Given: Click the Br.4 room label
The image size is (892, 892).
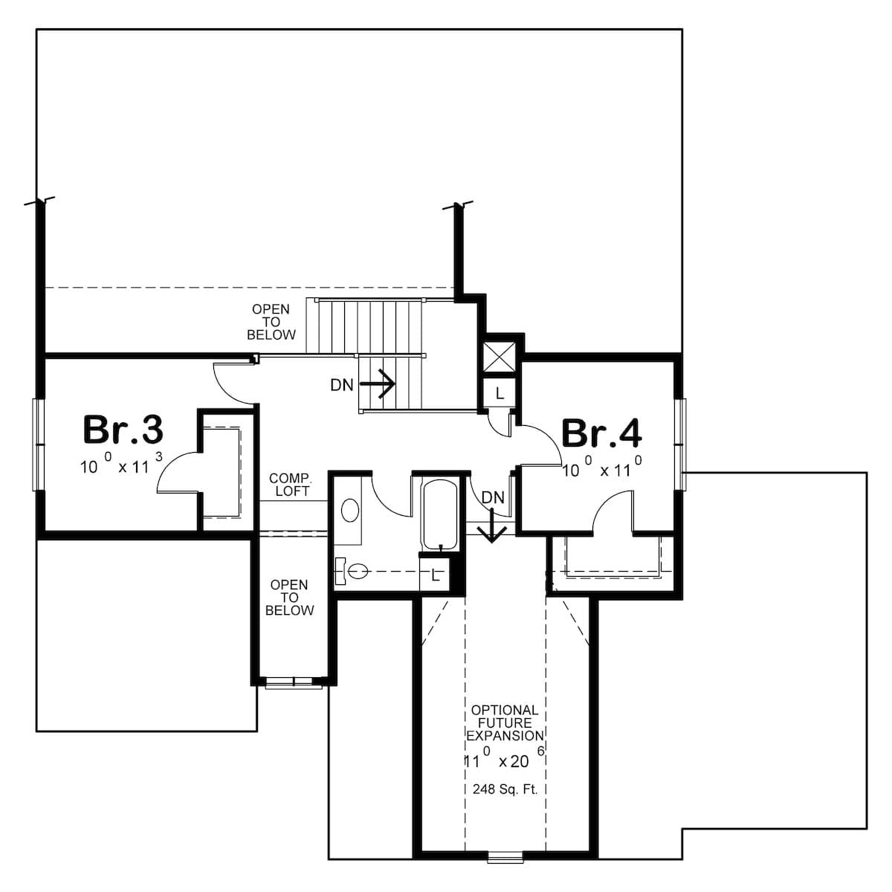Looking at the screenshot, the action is [x=601, y=433].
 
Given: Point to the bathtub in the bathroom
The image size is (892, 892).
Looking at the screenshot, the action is [x=440, y=514].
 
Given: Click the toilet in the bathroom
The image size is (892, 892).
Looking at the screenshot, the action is [x=352, y=572].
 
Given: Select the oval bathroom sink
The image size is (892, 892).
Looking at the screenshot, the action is [x=350, y=511].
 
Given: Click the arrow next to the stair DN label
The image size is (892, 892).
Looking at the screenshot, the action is [x=377, y=384].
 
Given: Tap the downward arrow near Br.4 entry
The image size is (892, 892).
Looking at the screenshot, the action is [x=491, y=526].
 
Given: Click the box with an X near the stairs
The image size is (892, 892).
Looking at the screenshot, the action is [x=499, y=357].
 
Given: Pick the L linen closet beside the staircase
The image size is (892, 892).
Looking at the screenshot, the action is [x=499, y=393].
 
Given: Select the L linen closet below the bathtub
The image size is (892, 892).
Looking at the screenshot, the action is [x=435, y=574].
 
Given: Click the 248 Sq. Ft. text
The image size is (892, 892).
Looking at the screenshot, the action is [x=505, y=789].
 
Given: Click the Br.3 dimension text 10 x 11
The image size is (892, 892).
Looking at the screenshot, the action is [x=121, y=464].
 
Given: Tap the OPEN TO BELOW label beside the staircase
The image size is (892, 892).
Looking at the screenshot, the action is [x=271, y=321].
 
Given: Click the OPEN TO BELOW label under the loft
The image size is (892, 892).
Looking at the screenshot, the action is [x=290, y=597].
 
